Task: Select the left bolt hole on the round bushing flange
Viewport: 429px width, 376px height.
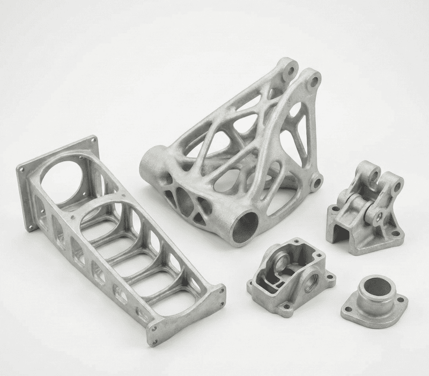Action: [349, 310]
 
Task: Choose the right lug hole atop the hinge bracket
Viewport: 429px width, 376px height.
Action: [397, 186]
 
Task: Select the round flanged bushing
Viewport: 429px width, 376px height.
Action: [375, 301]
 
